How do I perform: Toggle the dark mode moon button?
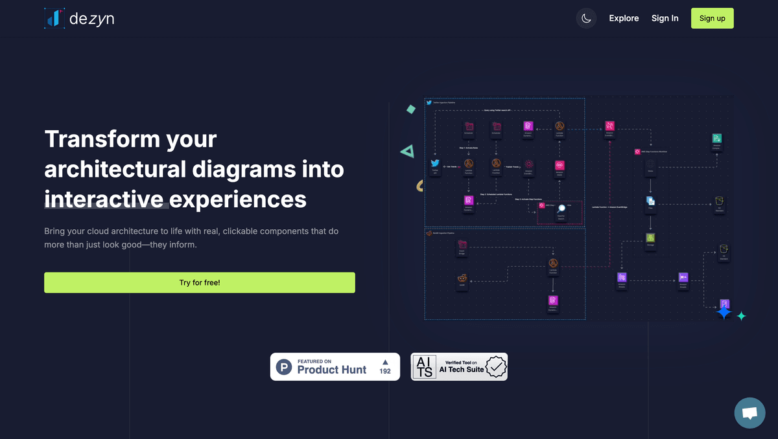click(586, 18)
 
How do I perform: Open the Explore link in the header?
click(624, 18)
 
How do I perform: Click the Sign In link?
click(665, 18)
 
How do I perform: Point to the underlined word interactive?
click(106, 198)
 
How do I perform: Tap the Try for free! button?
click(200, 283)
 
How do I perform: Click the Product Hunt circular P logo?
click(284, 367)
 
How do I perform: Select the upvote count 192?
click(385, 371)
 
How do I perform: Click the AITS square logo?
click(425, 366)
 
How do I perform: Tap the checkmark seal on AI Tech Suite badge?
click(496, 366)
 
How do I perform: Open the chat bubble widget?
click(750, 413)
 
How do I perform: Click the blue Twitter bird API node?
click(436, 164)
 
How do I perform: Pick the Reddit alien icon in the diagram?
click(462, 278)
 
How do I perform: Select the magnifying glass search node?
click(561, 208)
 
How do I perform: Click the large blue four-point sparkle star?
click(724, 313)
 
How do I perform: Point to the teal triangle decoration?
click(407, 152)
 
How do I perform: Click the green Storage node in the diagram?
click(650, 238)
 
